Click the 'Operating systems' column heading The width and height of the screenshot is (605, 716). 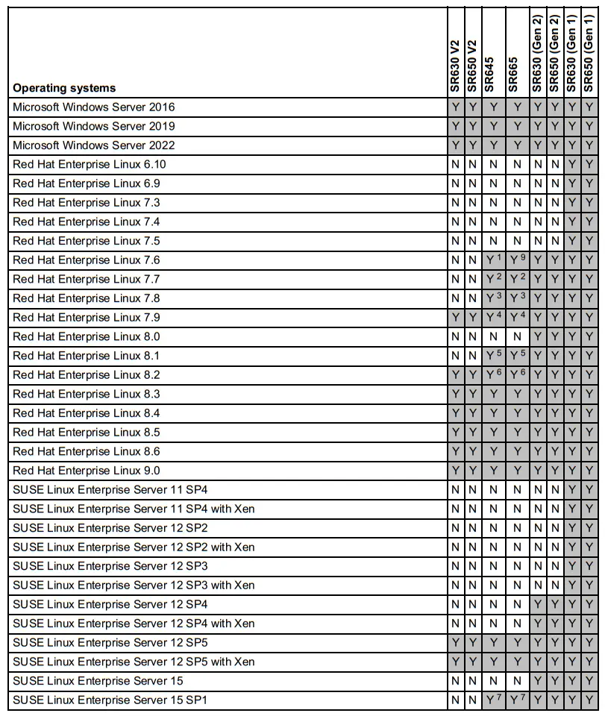64,88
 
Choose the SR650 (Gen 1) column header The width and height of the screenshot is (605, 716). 589,53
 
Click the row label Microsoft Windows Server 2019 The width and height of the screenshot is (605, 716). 94,126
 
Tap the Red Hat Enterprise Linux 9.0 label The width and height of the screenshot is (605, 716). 87,471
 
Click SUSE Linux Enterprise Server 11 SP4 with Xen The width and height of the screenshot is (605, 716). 134,509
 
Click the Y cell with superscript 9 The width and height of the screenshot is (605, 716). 518,260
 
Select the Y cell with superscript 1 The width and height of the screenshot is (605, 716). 493,260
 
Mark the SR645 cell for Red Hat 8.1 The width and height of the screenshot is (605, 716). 493,356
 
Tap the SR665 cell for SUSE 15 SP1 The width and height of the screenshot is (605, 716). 518,700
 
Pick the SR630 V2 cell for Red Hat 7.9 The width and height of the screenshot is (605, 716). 455,317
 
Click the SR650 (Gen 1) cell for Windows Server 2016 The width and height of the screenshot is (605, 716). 589,107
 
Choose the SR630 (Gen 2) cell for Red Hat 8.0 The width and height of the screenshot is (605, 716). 538,336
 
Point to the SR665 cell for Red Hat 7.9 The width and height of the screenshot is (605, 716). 518,317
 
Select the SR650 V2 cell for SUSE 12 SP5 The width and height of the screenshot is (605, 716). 471,642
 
